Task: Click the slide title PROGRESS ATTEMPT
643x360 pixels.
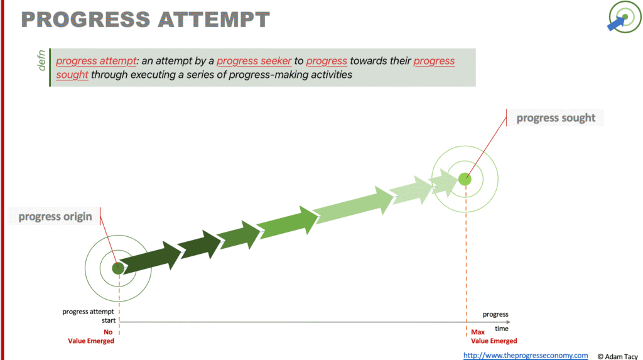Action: pos(145,19)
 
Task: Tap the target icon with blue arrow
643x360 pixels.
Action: pos(624,17)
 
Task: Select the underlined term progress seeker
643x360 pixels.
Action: pos(254,61)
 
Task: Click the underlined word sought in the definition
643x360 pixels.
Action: pos(72,75)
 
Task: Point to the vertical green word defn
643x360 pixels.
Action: pos(41,60)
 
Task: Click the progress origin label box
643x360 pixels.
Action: pos(54,216)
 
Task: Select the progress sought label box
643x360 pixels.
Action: pos(555,118)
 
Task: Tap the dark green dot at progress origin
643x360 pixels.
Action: pos(118,268)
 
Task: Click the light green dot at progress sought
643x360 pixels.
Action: pos(465,179)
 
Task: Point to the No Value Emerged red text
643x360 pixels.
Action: pos(91,336)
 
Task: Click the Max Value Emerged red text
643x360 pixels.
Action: pos(494,336)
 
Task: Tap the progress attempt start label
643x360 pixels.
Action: pos(89,315)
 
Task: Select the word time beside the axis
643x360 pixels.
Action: pos(502,329)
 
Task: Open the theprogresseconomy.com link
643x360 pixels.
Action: pos(526,355)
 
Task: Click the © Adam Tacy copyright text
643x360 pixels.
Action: pos(618,356)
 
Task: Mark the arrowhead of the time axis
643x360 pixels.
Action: pos(508,322)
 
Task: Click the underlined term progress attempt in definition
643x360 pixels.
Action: pos(96,61)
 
